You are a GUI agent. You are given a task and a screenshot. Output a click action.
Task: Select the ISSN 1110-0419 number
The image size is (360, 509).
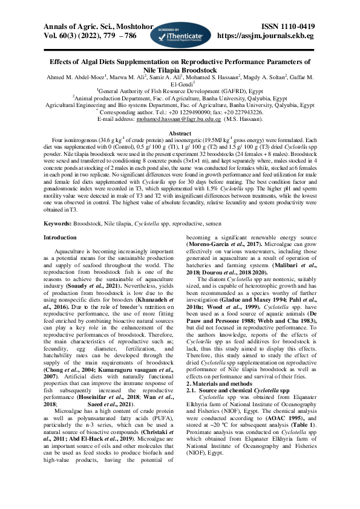click(x=287, y=27)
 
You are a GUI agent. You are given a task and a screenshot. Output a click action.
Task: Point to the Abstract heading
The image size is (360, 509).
click(x=180, y=133)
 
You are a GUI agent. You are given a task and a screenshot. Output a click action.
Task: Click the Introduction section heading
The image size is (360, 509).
click(x=64, y=238)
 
